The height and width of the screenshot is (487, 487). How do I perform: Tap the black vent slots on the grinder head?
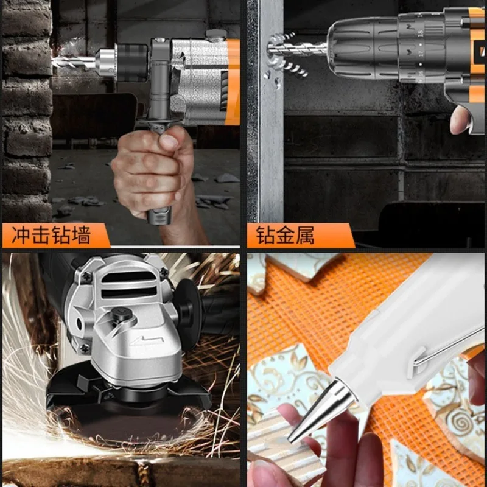coord(128,286)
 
